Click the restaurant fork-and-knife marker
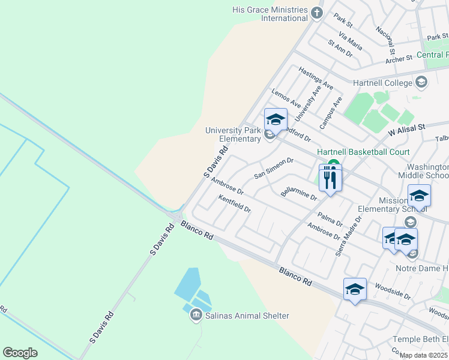click(x=330, y=178)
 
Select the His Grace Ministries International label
click(x=271, y=14)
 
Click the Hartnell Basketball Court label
click(x=363, y=152)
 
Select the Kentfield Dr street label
click(x=234, y=204)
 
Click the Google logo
click(x=20, y=353)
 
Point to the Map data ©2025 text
click(x=424, y=355)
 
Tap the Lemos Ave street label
click(x=286, y=99)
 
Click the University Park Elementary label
click(x=232, y=134)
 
